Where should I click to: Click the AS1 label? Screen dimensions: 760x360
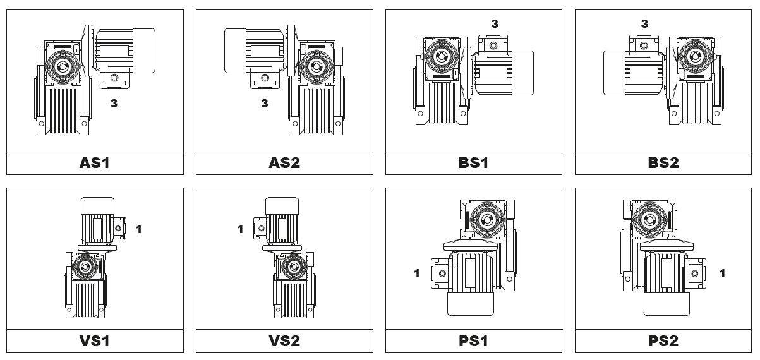pos(95,163)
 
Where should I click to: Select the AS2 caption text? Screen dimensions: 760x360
pos(284,163)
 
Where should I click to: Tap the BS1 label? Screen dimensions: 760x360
pos(473,163)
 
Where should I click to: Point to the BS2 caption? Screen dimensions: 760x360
pos(663,163)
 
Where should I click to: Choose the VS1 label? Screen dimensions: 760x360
pos(95,341)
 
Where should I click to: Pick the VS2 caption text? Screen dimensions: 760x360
pos(284,341)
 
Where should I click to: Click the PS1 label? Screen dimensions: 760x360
pos(473,341)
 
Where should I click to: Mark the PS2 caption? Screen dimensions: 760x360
pos(663,341)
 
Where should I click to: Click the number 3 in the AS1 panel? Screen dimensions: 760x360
pos(114,103)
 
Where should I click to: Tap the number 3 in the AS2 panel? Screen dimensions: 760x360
pos(265,103)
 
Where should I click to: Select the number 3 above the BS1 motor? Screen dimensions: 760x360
pos(495,23)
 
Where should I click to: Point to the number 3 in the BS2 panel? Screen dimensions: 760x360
pos(644,23)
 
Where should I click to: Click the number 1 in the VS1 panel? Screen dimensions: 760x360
pos(139,229)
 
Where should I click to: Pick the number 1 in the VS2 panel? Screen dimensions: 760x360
pos(240,229)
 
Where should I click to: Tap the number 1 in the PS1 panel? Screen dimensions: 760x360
pos(417,273)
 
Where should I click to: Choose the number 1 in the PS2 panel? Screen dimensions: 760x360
pos(722,273)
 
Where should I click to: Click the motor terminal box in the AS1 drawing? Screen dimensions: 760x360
pos(114,80)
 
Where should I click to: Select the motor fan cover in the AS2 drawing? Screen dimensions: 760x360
pos(235,51)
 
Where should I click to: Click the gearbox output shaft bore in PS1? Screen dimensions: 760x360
pos(487,220)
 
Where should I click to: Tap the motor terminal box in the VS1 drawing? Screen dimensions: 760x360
pos(118,229)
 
